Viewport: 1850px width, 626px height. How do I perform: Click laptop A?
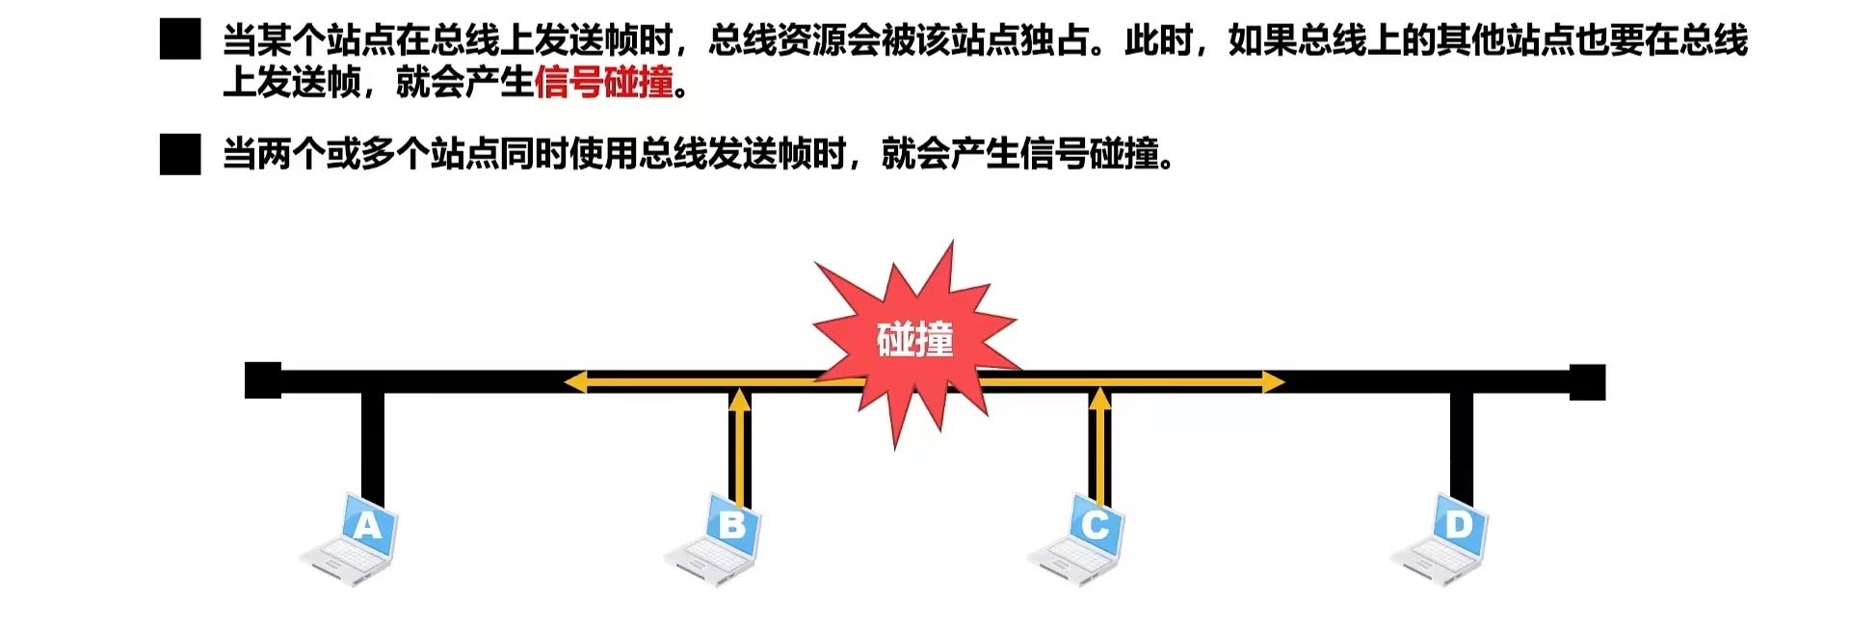coord(351,541)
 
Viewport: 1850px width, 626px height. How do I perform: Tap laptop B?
coord(715,541)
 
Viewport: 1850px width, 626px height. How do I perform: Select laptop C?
coord(1077,541)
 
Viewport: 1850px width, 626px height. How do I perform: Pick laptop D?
coord(1441,541)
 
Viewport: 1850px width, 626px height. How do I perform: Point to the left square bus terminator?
coord(262,380)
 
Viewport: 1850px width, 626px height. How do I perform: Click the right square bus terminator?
coord(1587,381)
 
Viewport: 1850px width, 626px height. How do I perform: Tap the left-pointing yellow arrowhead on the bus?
coord(575,382)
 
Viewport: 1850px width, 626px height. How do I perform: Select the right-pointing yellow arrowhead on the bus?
coord(1273,382)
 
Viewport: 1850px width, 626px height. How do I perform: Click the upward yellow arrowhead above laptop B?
coord(739,397)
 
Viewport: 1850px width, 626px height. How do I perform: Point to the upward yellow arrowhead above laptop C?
coord(1100,397)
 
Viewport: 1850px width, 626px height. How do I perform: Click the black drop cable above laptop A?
coord(373,443)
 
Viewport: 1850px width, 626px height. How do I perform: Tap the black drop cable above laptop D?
coord(1462,443)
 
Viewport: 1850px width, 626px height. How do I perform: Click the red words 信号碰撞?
coord(603,83)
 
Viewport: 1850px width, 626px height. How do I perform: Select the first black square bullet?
coord(180,40)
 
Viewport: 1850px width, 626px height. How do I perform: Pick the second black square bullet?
coord(180,154)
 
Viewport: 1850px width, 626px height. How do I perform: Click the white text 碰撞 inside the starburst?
coord(914,340)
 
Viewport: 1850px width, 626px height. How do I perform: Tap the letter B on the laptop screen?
coord(732,526)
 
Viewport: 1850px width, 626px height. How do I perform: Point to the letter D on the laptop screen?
coord(1459,525)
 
